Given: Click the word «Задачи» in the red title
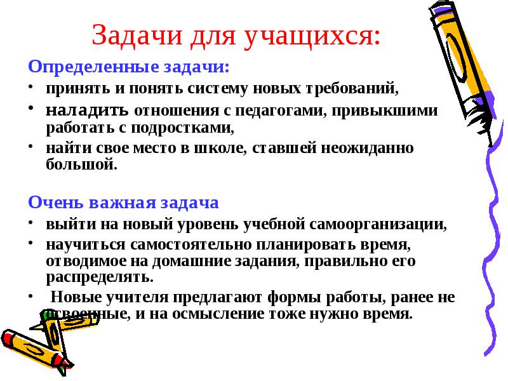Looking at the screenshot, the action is pos(137,35).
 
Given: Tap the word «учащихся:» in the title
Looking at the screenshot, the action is pos(312,36).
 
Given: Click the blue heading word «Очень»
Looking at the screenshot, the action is pos(57,203).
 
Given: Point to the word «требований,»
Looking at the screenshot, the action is pos(352,88).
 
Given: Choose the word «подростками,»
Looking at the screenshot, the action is pos(182,128).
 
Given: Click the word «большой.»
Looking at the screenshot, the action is pos(81,164).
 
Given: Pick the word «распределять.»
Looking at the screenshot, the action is pos(100,277).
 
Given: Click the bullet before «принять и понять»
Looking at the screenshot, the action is pos(30,86).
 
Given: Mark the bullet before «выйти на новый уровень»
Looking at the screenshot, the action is pos(30,222).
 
